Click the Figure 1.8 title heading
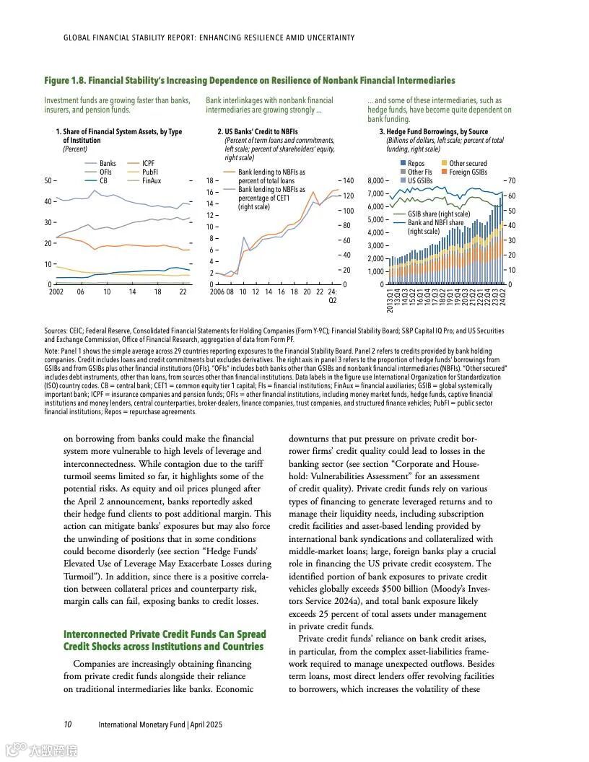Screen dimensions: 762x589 click(x=249, y=80)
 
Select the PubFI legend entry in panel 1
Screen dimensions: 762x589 click(x=150, y=172)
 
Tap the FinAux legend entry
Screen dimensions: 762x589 click(x=152, y=180)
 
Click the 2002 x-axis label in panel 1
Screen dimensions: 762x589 click(x=56, y=292)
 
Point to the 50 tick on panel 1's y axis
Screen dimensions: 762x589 click(x=48, y=180)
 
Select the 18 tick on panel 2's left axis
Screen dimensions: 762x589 click(x=212, y=180)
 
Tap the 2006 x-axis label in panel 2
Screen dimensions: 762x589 click(x=217, y=292)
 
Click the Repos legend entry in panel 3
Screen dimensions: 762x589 click(x=416, y=164)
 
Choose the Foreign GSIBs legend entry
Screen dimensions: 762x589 click(x=468, y=172)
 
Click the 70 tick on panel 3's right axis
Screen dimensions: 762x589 click(x=512, y=180)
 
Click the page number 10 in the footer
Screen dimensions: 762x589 click(x=67, y=724)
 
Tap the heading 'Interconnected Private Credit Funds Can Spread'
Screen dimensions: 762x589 click(x=165, y=634)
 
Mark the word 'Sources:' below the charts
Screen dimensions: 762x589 click(x=57, y=330)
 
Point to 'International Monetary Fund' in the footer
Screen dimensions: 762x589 click(x=142, y=724)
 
